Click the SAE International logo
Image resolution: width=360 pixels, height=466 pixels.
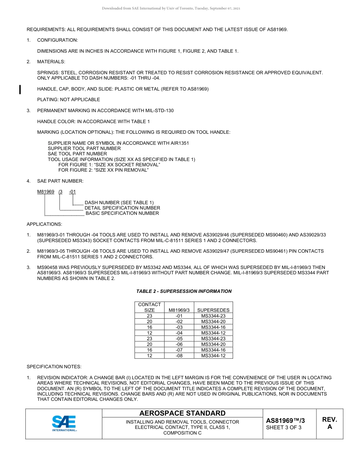64,424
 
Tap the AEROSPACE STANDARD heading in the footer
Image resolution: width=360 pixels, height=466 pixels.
182,413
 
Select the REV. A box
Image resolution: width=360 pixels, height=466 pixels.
329,423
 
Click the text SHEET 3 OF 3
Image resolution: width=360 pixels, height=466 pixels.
284,428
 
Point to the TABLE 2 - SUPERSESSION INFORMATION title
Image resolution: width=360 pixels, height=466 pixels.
184,291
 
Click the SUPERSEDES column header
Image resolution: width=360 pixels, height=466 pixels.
213,310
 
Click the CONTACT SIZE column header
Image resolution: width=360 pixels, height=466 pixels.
149,307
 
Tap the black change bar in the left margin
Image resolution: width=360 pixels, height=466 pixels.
20,89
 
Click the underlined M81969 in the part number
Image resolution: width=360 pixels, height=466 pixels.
45,192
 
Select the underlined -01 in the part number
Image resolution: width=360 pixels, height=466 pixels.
72,192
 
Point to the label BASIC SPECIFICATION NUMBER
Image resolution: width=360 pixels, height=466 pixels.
122,213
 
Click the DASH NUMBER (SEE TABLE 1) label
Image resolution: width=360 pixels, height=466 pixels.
119,203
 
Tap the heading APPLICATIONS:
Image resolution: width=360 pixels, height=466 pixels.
44,224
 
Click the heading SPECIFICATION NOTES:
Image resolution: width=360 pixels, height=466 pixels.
54,367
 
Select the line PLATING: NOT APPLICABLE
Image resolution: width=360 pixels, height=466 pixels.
69,100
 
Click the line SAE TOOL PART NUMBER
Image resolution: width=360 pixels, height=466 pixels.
77,154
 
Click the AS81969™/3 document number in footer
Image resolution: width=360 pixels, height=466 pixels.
285,421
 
